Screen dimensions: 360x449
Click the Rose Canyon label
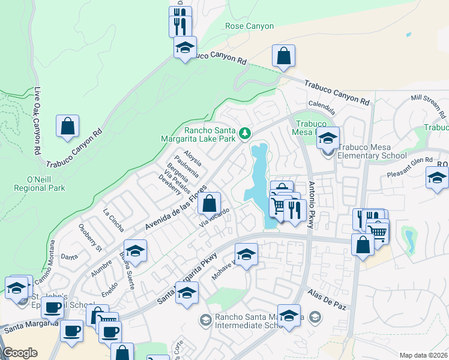249,26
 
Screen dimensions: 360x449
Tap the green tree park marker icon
244,133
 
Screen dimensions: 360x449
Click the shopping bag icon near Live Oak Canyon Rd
68,126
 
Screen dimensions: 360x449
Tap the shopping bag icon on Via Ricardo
209,204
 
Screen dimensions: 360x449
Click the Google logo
20,353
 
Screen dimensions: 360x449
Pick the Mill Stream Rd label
428,105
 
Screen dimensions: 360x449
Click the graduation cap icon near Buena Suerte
136,251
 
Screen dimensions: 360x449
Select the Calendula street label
321,107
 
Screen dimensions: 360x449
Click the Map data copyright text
424,355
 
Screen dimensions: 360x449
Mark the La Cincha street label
113,220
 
